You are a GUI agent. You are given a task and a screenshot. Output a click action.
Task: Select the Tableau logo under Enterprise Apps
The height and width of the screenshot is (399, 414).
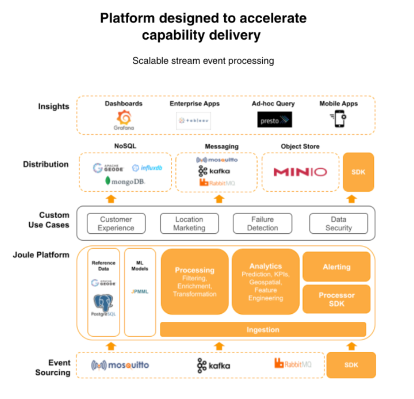coord(193,120)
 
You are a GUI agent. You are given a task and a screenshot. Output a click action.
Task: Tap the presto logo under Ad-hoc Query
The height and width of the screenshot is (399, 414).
coord(274,120)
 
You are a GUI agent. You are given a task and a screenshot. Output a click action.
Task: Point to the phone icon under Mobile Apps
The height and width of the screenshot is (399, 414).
coord(338,119)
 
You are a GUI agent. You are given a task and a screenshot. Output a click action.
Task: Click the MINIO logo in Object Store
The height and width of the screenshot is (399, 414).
coord(300,172)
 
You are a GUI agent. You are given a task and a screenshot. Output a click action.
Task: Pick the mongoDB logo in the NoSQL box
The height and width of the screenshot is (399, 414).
coord(125,181)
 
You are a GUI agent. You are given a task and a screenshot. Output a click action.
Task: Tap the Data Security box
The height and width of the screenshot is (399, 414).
coord(338,223)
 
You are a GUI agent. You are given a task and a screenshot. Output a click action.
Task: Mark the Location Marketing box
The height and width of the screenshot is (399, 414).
coord(189,223)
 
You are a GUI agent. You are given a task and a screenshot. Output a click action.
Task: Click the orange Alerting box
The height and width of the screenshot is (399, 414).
coord(336,267)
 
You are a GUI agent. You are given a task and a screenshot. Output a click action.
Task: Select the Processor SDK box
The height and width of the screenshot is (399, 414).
coord(336,299)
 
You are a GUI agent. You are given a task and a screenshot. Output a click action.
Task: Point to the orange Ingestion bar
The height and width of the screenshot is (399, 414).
coord(263,329)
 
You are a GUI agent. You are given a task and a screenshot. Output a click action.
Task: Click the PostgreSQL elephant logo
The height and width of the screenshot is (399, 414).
coord(104,303)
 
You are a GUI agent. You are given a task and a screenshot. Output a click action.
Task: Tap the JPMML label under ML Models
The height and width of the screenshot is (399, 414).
coord(139,291)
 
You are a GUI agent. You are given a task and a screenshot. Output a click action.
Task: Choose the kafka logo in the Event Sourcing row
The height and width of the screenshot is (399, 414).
coord(213,365)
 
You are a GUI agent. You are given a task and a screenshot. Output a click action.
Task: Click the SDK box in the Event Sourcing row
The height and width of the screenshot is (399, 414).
coord(350,365)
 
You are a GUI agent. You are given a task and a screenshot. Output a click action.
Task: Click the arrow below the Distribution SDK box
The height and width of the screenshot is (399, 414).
coord(351,199)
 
